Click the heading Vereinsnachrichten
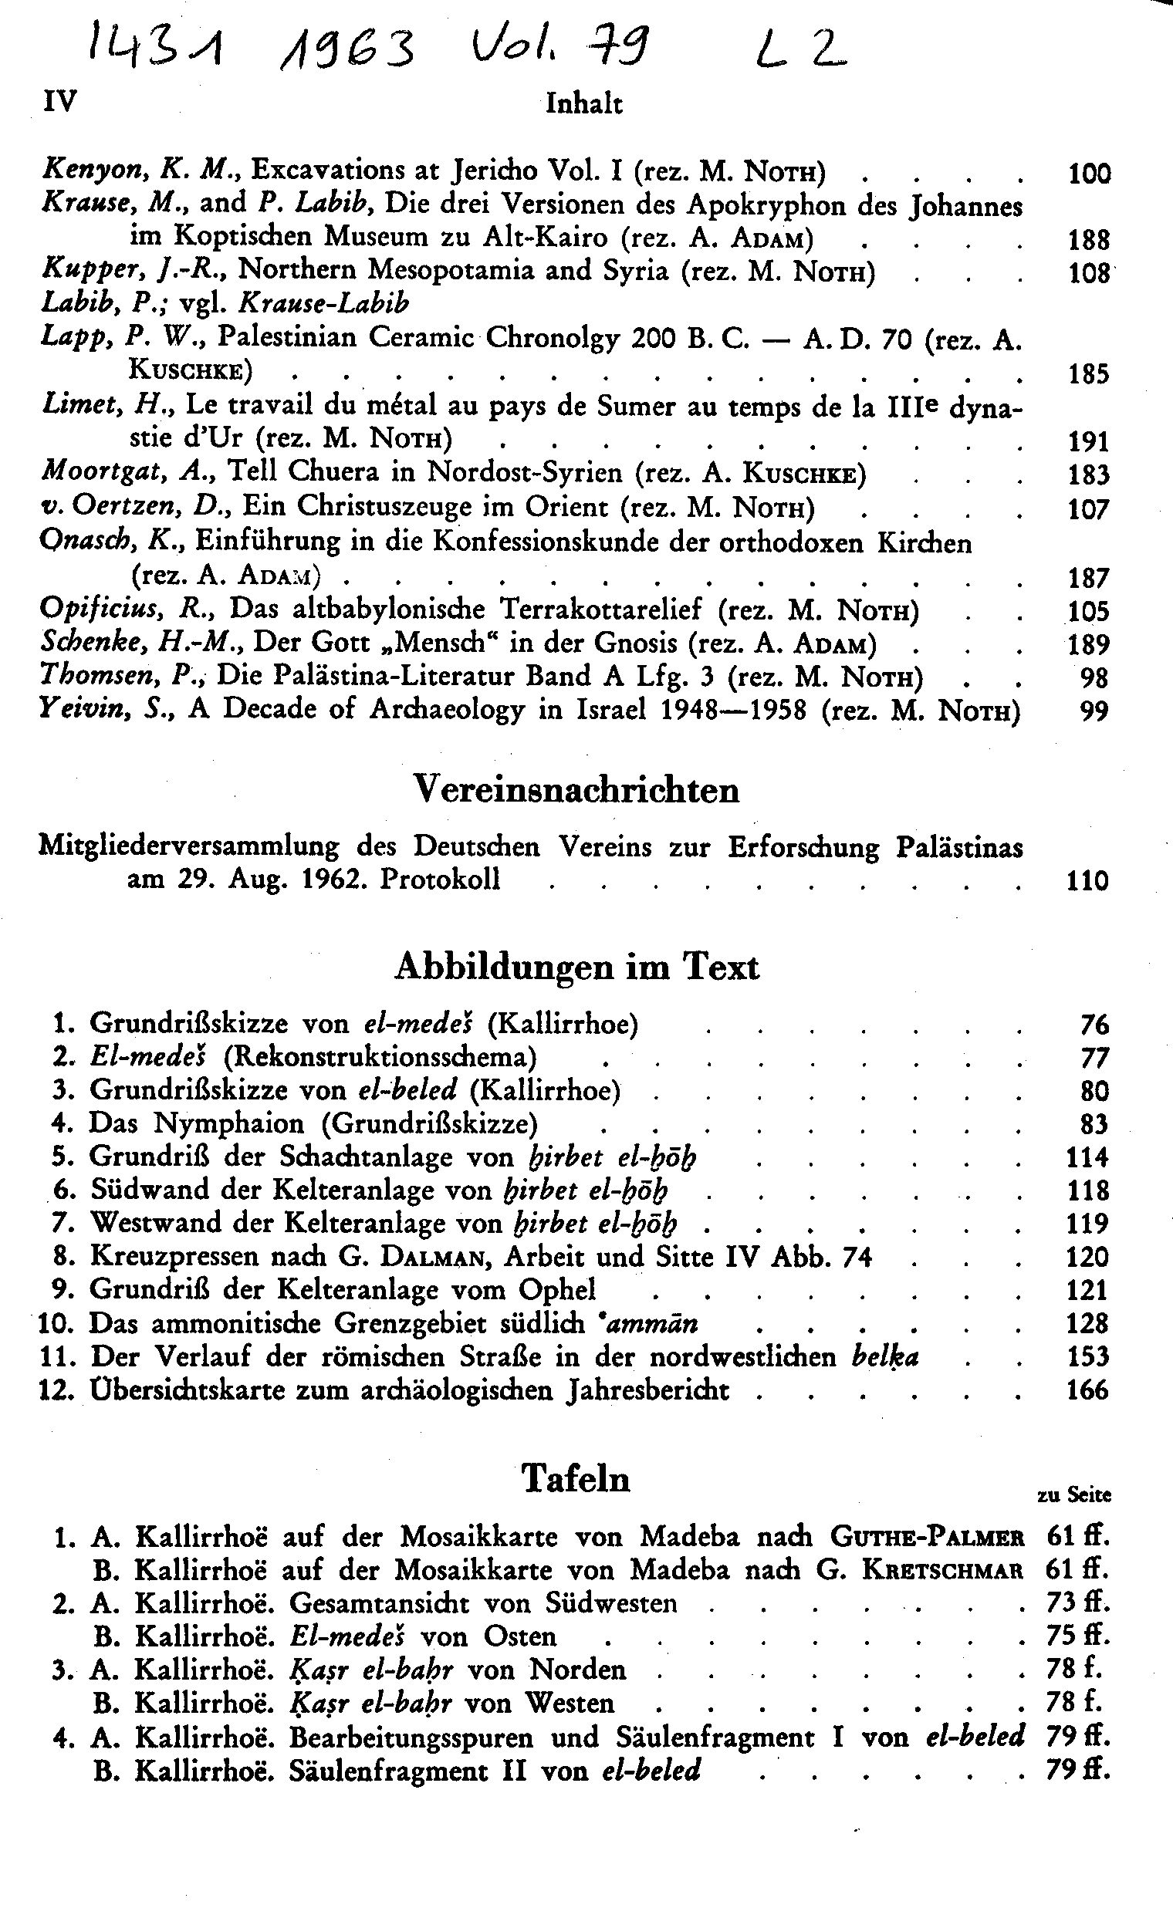click(x=576, y=790)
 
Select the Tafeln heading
click(x=575, y=1479)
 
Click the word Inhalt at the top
click(x=583, y=103)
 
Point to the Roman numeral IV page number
click(x=59, y=101)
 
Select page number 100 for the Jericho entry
click(x=1088, y=173)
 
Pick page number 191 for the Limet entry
click(x=1088, y=441)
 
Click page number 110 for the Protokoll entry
click(x=1087, y=881)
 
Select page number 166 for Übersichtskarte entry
click(x=1087, y=1390)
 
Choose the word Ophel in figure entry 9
click(x=557, y=1289)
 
